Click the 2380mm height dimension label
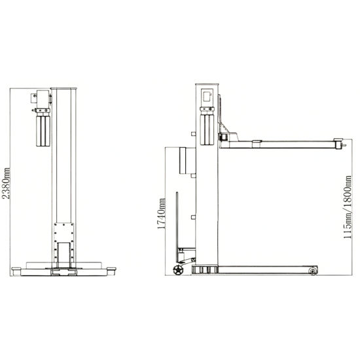coord(6,183)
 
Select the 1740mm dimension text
coord(162,213)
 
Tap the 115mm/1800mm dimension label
coord(348,207)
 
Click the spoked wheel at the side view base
coord(177,270)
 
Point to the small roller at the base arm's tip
coord(312,271)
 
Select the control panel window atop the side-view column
coord(207,96)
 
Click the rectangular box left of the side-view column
coord(187,160)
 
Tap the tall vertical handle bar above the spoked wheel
coord(177,227)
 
